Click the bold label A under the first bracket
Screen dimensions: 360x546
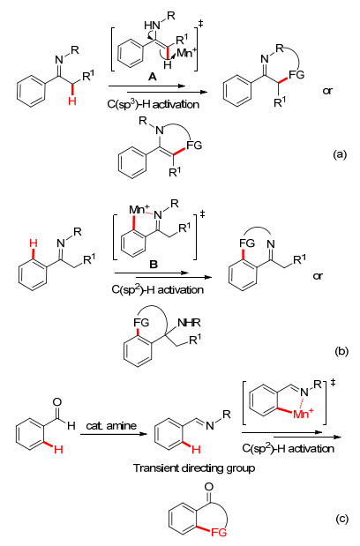point(152,77)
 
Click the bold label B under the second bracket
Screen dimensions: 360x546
point(154,265)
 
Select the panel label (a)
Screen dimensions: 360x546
point(340,154)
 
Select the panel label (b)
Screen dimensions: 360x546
point(341,351)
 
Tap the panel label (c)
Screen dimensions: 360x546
point(341,520)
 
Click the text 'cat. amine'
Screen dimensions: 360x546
point(111,425)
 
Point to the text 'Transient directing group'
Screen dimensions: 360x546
point(194,468)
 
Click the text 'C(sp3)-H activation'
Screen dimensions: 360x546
point(154,104)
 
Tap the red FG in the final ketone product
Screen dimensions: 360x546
point(219,532)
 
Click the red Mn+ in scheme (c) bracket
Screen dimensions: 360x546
point(304,414)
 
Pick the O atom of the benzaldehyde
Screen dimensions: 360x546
point(56,402)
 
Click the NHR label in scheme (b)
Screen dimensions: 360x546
point(189,323)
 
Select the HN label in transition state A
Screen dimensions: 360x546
point(152,25)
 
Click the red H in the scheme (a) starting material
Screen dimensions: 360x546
point(72,101)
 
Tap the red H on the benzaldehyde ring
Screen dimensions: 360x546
point(58,450)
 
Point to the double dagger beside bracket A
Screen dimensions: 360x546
point(200,24)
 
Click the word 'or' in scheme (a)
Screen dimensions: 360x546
point(327,91)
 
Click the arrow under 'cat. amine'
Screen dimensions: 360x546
point(113,434)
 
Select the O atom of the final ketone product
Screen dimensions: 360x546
point(208,486)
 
